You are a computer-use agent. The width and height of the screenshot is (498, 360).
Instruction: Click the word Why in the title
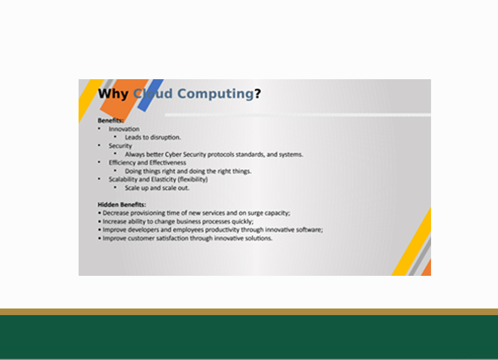coord(113,94)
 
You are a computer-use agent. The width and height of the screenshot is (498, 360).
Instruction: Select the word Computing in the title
coord(215,94)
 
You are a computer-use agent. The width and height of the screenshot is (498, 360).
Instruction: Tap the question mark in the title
coord(257,94)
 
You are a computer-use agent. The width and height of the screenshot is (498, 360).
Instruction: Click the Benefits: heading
coord(111,121)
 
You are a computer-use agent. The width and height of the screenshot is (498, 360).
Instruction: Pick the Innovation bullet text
coord(124,129)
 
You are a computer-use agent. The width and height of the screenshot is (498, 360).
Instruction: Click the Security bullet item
coord(121,146)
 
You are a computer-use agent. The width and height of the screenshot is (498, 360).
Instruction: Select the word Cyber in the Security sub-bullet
coord(173,155)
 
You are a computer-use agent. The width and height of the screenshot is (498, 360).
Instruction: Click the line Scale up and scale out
coord(157,188)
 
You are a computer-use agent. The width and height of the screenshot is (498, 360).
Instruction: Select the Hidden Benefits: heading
coord(122,204)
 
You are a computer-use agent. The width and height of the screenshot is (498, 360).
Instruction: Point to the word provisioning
coord(148,213)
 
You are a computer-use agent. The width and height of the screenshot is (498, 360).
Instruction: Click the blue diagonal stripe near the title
coord(151,95)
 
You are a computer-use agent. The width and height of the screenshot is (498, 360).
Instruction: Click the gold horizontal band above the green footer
coord(249,312)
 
